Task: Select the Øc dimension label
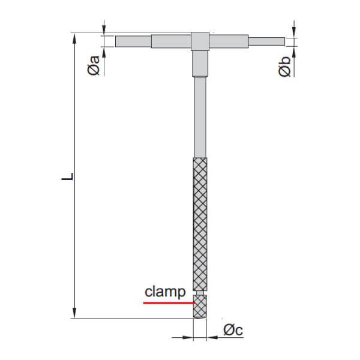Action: pos(233,329)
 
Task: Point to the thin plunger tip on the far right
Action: pos(266,41)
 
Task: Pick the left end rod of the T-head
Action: pos(133,41)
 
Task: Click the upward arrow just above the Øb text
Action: pos(294,50)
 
